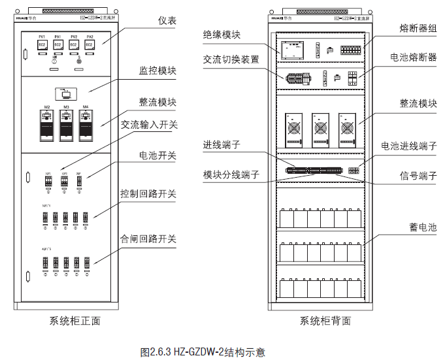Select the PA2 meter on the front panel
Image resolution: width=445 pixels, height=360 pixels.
pyautogui.click(x=90, y=44)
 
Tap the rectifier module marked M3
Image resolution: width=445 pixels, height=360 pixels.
pyautogui.click(x=66, y=124)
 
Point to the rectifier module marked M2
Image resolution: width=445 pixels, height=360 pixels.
pyautogui.click(x=47, y=124)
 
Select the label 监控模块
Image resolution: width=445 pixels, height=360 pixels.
pyautogui.click(x=157, y=69)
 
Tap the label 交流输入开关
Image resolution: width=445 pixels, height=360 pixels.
pyautogui.click(x=149, y=123)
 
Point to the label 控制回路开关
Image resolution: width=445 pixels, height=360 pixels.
pyautogui.click(x=148, y=194)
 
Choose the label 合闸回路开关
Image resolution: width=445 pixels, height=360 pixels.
pyautogui.click(x=148, y=239)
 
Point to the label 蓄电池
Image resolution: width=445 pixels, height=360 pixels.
pyautogui.click(x=423, y=227)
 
